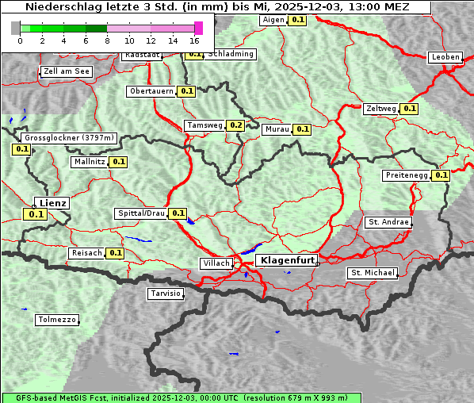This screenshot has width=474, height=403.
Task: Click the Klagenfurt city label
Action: click(288, 260)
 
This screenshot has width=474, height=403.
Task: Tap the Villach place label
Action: click(216, 263)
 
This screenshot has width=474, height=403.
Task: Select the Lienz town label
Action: click(53, 203)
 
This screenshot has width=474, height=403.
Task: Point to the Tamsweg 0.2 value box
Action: click(235, 125)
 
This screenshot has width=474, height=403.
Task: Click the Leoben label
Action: click(445, 57)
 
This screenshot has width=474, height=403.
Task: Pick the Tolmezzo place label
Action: click(57, 320)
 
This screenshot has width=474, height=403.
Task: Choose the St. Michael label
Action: click(372, 273)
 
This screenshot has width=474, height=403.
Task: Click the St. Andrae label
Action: click(388, 222)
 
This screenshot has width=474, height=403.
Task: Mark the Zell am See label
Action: click(66, 71)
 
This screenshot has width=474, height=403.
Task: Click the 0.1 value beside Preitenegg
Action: click(442, 175)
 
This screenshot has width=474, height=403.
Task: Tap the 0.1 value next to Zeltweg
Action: click(409, 109)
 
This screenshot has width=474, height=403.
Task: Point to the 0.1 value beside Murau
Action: click(302, 129)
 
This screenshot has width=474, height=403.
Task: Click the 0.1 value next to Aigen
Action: click(297, 20)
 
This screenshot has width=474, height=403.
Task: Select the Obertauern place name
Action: click(151, 91)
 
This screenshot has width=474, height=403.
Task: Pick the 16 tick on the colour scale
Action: click(194, 40)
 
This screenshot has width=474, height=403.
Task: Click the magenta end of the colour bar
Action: click(198, 28)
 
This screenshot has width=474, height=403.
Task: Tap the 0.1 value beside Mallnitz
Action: click(119, 162)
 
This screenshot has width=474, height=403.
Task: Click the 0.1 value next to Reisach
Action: click(116, 253)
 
